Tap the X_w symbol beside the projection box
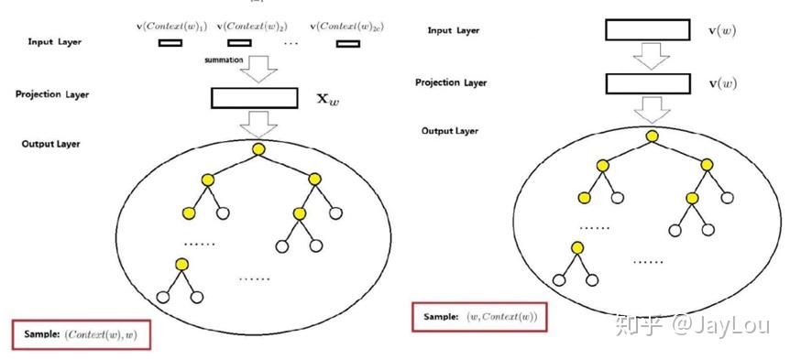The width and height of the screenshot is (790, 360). tap(327, 98)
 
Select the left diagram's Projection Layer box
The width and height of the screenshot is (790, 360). tap(254, 98)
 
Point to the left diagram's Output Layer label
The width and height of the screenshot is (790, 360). tap(50, 143)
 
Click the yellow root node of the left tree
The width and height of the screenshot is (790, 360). tap(258, 147)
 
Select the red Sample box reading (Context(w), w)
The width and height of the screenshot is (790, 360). tap(81, 334)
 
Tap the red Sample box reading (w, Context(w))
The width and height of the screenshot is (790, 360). tap(478, 317)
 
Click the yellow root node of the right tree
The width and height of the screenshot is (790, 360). tap(652, 136)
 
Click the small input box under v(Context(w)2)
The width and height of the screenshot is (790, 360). tap(239, 42)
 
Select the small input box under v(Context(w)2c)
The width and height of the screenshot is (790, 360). tap(346, 42)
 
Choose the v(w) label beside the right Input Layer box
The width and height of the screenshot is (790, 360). tap(722, 30)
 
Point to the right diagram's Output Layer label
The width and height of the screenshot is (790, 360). tap(452, 130)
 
